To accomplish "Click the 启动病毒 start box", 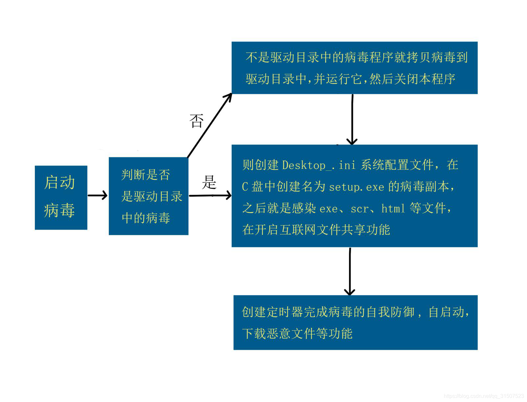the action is click(61, 197).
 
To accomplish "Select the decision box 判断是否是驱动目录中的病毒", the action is click(148, 196).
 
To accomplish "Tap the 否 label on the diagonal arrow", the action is click(197, 121).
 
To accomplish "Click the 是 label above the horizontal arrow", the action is click(209, 182).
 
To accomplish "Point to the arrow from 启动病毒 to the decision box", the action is click(98, 195).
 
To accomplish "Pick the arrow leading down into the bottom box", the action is click(350, 271).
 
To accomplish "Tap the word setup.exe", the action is click(356, 187).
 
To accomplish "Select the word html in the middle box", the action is click(393, 209).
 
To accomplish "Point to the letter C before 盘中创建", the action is click(245, 187).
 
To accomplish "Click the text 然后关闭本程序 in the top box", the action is click(412, 79).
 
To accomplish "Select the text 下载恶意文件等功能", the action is click(297, 333).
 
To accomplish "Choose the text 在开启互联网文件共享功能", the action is click(316, 230).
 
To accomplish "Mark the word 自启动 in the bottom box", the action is click(446, 312).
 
